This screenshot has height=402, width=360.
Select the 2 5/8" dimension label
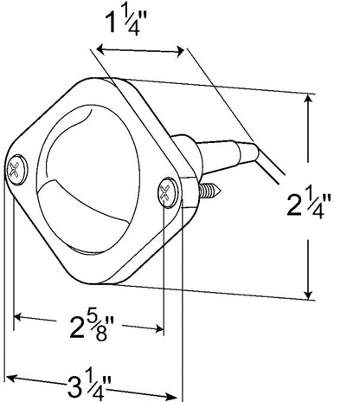coord(92,327)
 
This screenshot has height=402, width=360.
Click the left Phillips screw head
coord(16,170)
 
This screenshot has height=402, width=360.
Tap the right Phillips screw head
coord(167,192)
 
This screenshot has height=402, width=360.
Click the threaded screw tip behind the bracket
coord(210,190)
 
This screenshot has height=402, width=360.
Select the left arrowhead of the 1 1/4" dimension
coord(100,49)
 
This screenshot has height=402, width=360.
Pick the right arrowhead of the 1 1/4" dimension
coord(181,52)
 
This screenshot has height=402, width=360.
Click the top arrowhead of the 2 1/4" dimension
coord(308,100)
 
